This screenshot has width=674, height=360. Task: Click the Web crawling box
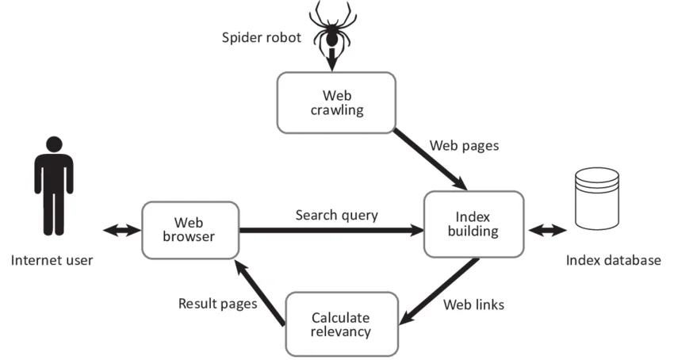click(335, 102)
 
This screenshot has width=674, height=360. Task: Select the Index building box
click(473, 224)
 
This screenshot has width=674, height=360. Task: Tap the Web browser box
click(190, 229)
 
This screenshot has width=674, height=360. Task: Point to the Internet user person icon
click(53, 186)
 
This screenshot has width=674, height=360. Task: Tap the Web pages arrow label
click(465, 146)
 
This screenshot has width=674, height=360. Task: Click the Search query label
click(336, 215)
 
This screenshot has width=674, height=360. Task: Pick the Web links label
click(473, 304)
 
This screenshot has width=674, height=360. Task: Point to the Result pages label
click(217, 303)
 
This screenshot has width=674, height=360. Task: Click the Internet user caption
click(52, 260)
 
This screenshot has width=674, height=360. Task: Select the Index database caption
click(613, 260)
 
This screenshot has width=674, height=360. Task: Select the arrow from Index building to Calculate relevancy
click(439, 292)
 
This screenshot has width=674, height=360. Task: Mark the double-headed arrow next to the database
click(548, 230)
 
